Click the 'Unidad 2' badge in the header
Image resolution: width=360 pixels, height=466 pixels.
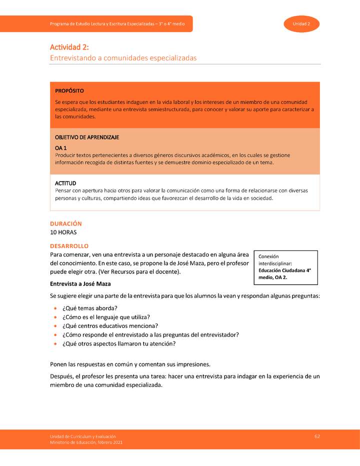click(301, 24)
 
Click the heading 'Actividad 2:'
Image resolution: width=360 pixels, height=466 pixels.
click(69, 47)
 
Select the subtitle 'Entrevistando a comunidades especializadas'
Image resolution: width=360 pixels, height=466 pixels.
click(123, 58)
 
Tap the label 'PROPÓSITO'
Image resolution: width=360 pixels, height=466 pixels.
click(69, 91)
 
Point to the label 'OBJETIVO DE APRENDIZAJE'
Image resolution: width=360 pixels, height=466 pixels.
click(86, 137)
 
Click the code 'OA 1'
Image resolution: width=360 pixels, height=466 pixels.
click(60, 148)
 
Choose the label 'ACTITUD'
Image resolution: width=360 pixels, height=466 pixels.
click(65, 183)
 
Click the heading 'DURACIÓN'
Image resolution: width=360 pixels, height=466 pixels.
click(65, 223)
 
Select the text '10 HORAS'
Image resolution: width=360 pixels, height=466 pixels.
click(63, 232)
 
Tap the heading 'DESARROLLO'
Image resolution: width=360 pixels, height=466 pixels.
click(69, 246)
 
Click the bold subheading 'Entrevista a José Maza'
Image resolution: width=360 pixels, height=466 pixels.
click(80, 284)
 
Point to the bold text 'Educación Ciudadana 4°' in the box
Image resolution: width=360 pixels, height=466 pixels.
click(284, 270)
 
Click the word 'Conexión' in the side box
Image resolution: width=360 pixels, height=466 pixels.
click(268, 256)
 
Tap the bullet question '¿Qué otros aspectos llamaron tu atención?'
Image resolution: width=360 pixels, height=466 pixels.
click(119, 344)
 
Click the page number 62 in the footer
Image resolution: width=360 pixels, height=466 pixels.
click(317, 436)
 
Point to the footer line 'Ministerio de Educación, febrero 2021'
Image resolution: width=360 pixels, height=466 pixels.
click(85, 442)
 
